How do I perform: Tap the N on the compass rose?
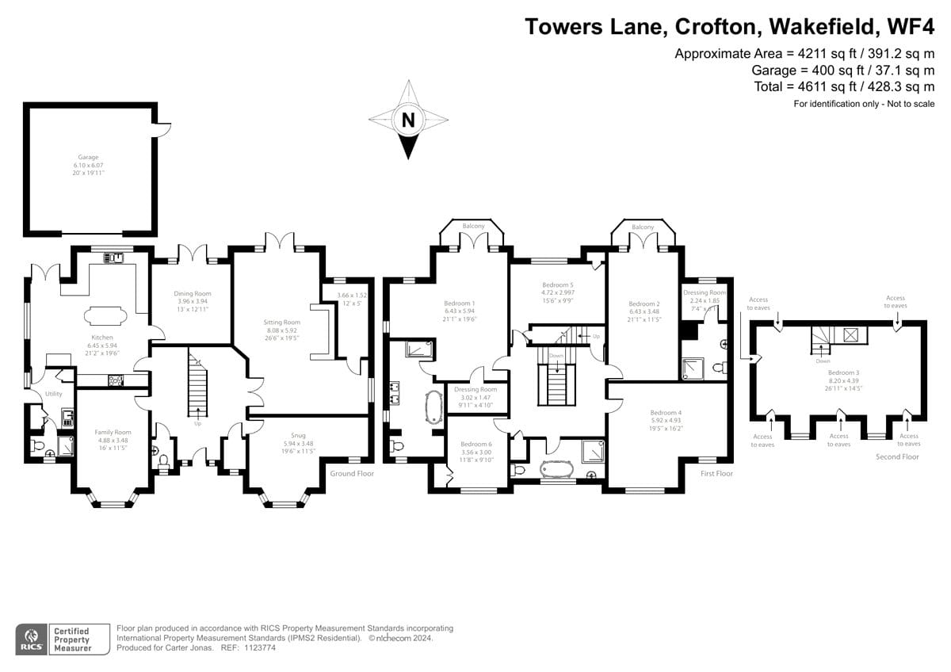(408, 120)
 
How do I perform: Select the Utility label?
(53, 394)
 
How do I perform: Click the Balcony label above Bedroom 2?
(643, 227)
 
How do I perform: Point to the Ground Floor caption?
(352, 473)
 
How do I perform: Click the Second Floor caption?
(897, 456)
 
